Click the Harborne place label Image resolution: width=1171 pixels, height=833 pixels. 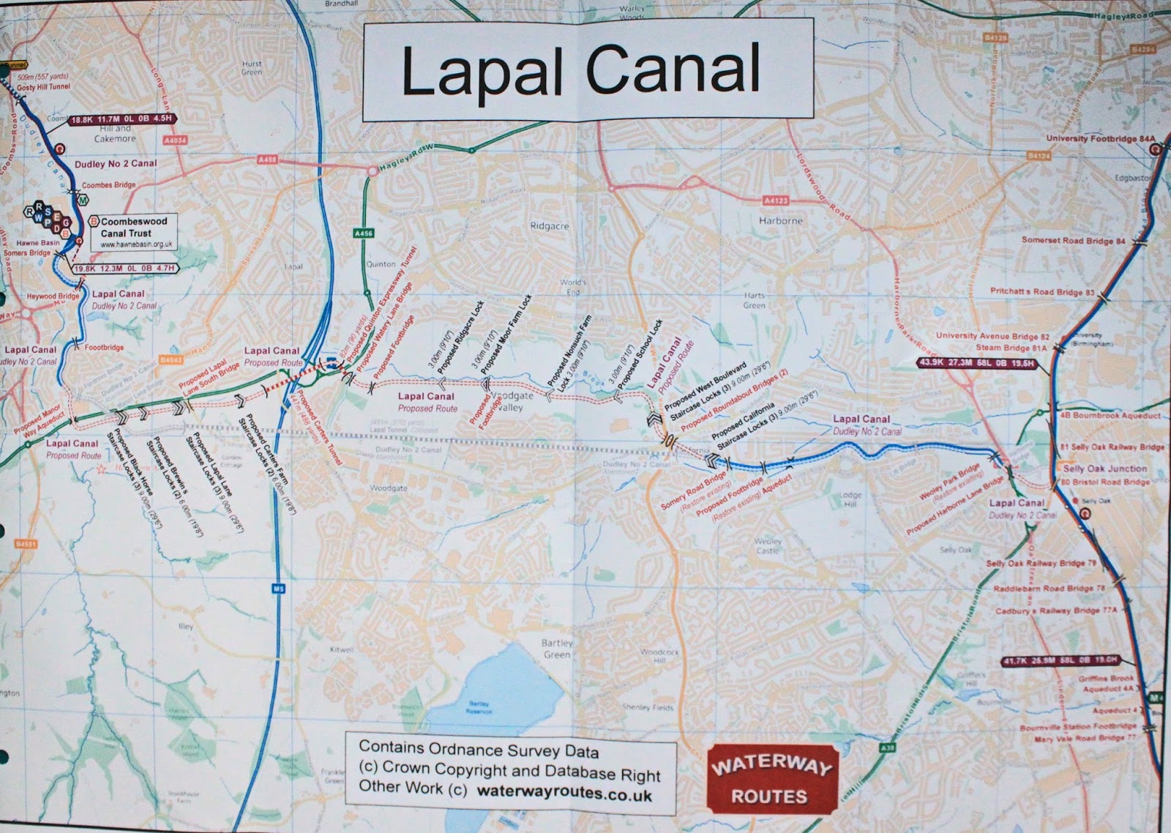(780, 220)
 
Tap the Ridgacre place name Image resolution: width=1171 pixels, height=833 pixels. (550, 227)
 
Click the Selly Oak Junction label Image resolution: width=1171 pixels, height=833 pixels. (1105, 468)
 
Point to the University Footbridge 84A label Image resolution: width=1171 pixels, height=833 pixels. (1100, 138)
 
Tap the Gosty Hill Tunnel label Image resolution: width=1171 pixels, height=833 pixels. (44, 86)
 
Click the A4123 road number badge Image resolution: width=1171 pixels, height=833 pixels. (775, 200)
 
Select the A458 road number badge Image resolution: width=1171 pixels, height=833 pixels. (268, 160)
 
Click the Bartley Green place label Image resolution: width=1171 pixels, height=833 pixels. (557, 649)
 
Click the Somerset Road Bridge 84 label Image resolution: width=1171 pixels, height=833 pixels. (1074, 241)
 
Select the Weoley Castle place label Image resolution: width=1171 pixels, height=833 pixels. (768, 545)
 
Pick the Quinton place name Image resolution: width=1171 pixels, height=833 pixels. (381, 264)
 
